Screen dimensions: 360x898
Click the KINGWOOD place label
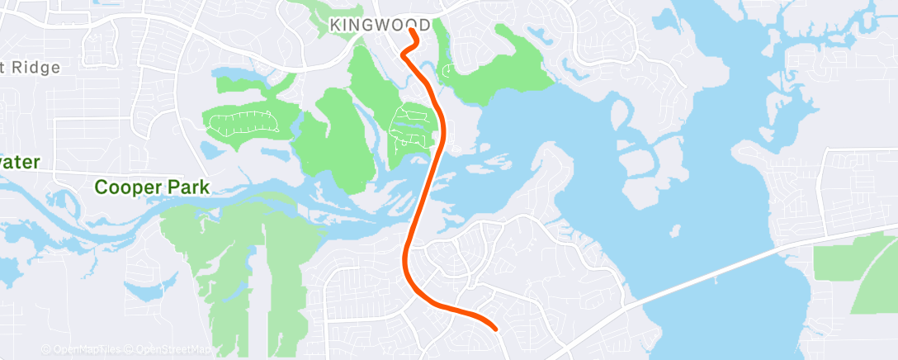click(x=380, y=26)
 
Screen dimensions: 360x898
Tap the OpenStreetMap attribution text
click(x=173, y=350)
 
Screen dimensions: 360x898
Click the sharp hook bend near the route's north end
click(x=404, y=53)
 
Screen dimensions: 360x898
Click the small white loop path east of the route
click(x=447, y=71)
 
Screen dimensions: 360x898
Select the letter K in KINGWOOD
click(x=335, y=26)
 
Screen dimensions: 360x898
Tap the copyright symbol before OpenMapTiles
click(x=45, y=350)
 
